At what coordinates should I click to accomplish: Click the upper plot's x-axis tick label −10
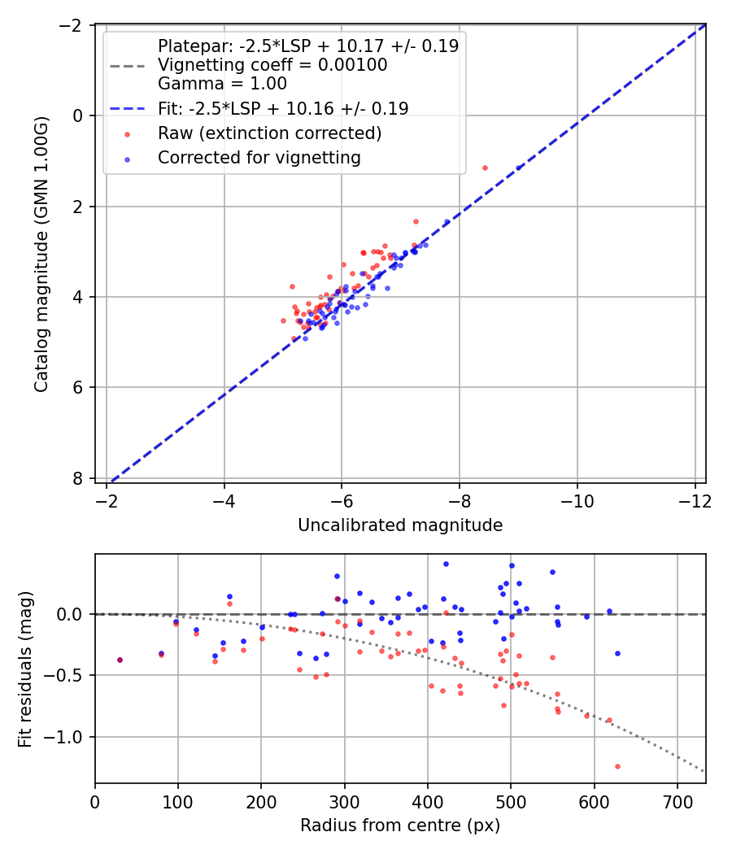577,500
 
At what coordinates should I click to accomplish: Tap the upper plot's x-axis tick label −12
695,500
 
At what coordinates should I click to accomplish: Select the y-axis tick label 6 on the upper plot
76,387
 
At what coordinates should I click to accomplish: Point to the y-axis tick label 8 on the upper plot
76,478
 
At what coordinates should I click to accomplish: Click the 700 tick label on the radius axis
677,802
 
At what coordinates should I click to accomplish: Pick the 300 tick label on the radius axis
344,802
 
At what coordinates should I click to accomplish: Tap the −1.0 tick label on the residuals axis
62,737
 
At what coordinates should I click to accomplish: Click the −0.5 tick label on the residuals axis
62,675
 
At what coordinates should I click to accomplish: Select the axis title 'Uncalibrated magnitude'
400,525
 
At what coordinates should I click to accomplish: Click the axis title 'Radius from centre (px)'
400,826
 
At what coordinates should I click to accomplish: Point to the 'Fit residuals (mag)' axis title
25,669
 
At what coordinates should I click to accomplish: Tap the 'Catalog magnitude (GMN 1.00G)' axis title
41,254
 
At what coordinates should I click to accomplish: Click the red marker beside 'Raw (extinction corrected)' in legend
128,134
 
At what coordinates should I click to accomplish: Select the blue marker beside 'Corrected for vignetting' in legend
128,159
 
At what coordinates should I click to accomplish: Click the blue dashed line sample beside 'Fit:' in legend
128,109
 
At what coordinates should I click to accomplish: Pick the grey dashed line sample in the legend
128,67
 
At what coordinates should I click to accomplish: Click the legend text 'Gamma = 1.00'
222,83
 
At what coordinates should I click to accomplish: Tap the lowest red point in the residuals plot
617,766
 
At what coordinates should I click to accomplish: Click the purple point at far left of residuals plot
120,660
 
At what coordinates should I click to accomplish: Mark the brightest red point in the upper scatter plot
485,168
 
